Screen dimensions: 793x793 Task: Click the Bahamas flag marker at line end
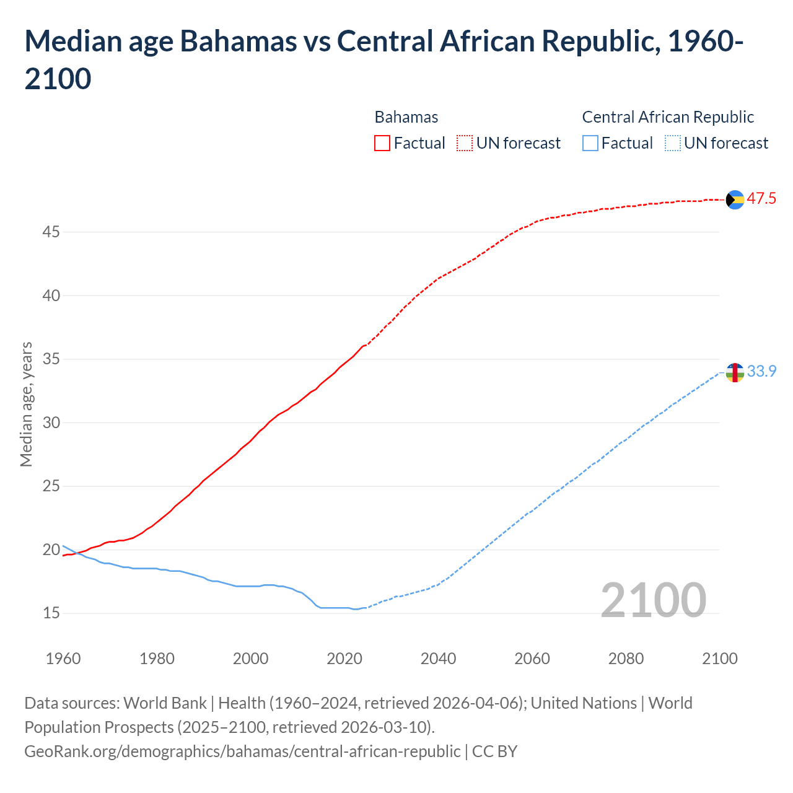(735, 199)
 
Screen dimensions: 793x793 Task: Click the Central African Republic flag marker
(735, 372)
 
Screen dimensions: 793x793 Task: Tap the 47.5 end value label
(761, 199)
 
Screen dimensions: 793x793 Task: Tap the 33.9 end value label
(761, 371)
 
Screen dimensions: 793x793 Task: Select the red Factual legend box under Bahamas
(382, 143)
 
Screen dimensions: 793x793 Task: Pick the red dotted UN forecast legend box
(465, 143)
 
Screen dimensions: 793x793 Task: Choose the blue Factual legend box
(590, 143)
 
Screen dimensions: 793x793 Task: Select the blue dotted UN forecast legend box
(672, 143)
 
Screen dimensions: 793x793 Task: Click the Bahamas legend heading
(406, 117)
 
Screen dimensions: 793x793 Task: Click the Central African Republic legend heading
(668, 117)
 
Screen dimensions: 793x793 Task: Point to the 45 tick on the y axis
(51, 232)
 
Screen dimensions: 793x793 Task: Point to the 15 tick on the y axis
(51, 613)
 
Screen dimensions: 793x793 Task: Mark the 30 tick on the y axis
(51, 423)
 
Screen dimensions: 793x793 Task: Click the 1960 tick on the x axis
(63, 659)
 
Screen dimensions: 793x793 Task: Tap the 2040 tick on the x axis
(438, 659)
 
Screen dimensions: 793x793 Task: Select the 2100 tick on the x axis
(720, 659)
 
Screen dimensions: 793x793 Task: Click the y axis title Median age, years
(26, 404)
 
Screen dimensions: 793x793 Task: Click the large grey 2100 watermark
(653, 600)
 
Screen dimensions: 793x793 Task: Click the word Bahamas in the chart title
(238, 42)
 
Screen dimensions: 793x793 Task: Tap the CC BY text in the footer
(494, 751)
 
